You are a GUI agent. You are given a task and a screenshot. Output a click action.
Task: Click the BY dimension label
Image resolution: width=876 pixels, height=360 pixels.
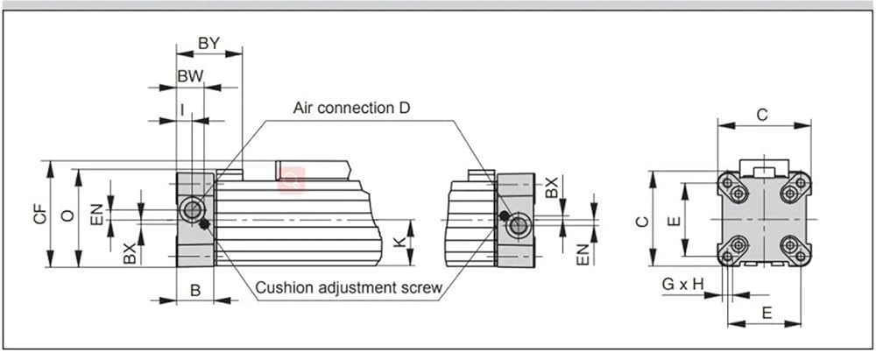(x=209, y=43)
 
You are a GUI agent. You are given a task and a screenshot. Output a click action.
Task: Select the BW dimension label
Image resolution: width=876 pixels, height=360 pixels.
(x=190, y=76)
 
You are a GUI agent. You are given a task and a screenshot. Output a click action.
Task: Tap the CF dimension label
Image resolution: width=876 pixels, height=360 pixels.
(x=39, y=214)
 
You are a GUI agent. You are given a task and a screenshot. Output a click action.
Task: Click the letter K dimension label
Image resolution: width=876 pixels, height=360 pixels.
(x=399, y=242)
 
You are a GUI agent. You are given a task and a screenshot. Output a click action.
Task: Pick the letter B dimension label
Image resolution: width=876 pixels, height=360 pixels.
(x=195, y=290)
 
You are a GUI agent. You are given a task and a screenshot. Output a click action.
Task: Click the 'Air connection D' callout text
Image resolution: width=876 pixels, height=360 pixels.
(x=352, y=108)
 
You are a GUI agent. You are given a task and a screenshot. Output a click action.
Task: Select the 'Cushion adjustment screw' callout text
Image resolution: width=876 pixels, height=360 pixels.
(x=350, y=288)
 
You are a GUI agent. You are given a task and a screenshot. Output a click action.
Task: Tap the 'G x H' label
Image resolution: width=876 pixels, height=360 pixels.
(x=682, y=284)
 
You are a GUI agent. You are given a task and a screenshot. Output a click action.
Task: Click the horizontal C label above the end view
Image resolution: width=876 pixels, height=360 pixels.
(x=763, y=115)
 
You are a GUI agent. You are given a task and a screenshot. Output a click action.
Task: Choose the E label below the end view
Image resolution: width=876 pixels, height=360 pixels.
(x=767, y=313)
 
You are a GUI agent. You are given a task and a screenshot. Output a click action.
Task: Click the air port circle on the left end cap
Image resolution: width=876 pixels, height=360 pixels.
(x=191, y=210)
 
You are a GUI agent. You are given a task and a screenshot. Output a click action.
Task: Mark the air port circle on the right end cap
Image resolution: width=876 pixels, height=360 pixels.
(x=518, y=226)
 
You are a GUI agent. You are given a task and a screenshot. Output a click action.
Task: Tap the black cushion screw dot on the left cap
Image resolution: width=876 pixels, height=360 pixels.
(x=204, y=225)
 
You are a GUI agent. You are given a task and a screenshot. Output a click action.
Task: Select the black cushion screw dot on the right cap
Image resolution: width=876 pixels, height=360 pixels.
(x=504, y=215)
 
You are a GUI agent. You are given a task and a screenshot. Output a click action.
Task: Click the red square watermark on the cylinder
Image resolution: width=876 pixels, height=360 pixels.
(x=291, y=180)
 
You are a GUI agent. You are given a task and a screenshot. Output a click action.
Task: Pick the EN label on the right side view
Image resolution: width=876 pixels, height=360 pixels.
(x=583, y=254)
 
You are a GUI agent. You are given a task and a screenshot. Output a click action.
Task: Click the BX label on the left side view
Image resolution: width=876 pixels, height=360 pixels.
(x=130, y=253)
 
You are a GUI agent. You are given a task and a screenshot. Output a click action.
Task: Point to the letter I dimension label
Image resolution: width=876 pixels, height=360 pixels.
(x=183, y=109)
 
